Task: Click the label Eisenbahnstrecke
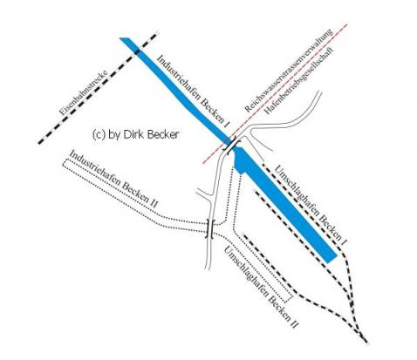click(84, 92)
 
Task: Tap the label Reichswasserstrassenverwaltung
click(288, 71)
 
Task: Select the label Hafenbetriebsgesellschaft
click(298, 80)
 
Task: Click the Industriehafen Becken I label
click(193, 91)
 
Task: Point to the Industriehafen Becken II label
click(113, 179)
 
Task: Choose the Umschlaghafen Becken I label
click(311, 206)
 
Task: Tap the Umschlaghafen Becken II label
click(261, 287)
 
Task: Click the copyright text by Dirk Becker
click(135, 134)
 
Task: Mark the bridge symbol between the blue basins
click(232, 145)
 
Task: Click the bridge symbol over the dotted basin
click(210, 229)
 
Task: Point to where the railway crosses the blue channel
click(137, 52)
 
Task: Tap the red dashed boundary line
click(275, 93)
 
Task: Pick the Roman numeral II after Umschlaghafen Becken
click(294, 323)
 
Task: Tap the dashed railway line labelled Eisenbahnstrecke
click(99, 88)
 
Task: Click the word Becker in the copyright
click(164, 134)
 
